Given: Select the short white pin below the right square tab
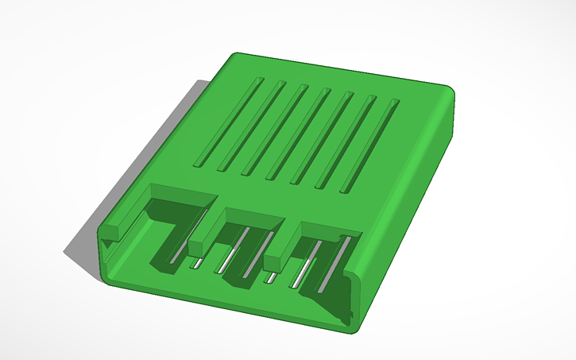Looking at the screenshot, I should pos(273,277).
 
